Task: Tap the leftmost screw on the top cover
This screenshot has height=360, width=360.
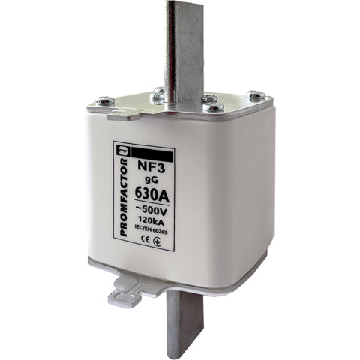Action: [x=105, y=100]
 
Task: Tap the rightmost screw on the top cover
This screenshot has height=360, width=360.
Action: [x=256, y=94]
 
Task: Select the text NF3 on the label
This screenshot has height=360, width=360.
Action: [x=151, y=168]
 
